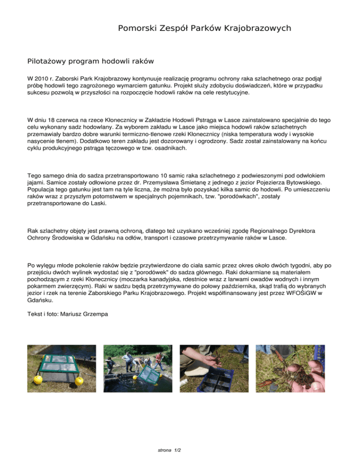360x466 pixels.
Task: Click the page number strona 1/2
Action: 170,451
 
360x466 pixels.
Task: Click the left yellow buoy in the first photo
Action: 37,378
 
